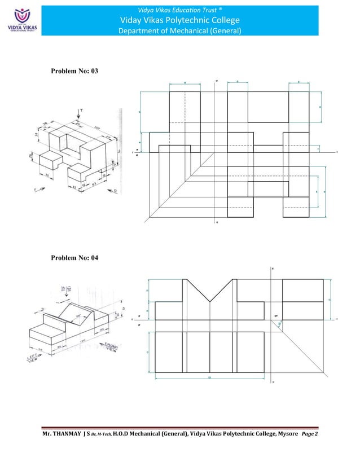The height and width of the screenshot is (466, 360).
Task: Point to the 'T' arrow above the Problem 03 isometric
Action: [80, 112]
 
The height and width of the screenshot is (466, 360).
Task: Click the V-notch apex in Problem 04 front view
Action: [210, 302]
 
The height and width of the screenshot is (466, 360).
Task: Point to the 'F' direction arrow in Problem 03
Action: [39, 191]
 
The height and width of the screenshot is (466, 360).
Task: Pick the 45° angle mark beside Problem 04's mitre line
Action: [278, 322]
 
